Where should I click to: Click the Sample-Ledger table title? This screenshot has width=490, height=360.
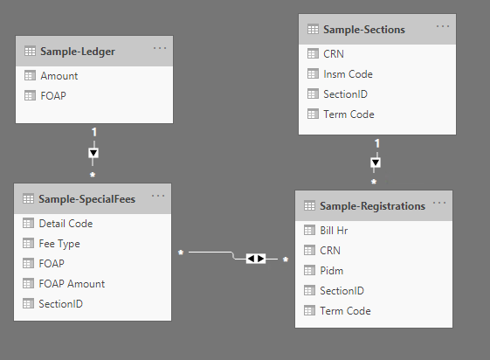point(78,52)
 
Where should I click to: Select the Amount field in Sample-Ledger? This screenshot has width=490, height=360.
point(59,76)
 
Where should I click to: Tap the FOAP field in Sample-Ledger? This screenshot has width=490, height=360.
point(53,96)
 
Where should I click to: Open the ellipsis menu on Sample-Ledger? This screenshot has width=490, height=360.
point(160,48)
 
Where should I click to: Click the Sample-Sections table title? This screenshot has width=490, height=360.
point(364,30)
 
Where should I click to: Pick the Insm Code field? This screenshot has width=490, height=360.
point(348,74)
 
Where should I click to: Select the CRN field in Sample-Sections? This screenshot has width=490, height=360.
point(334,54)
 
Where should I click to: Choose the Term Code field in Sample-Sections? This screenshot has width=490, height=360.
point(349,114)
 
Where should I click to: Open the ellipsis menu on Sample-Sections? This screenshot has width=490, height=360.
point(443,26)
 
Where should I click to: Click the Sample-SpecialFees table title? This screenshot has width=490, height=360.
point(86,199)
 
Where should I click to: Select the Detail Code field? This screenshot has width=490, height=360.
point(66,224)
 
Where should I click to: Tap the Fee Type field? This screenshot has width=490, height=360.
point(59,244)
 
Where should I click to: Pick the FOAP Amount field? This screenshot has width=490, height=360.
point(72,284)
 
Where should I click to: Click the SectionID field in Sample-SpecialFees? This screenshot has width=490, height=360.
point(60,304)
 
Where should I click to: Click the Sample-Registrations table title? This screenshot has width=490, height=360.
point(372,206)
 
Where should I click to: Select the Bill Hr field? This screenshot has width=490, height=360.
point(334,231)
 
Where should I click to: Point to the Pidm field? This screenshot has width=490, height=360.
point(332,271)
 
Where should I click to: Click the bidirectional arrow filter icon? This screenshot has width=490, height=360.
point(256,259)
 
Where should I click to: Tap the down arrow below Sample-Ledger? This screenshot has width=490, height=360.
point(93,153)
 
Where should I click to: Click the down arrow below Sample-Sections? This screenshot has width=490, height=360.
point(376,163)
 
